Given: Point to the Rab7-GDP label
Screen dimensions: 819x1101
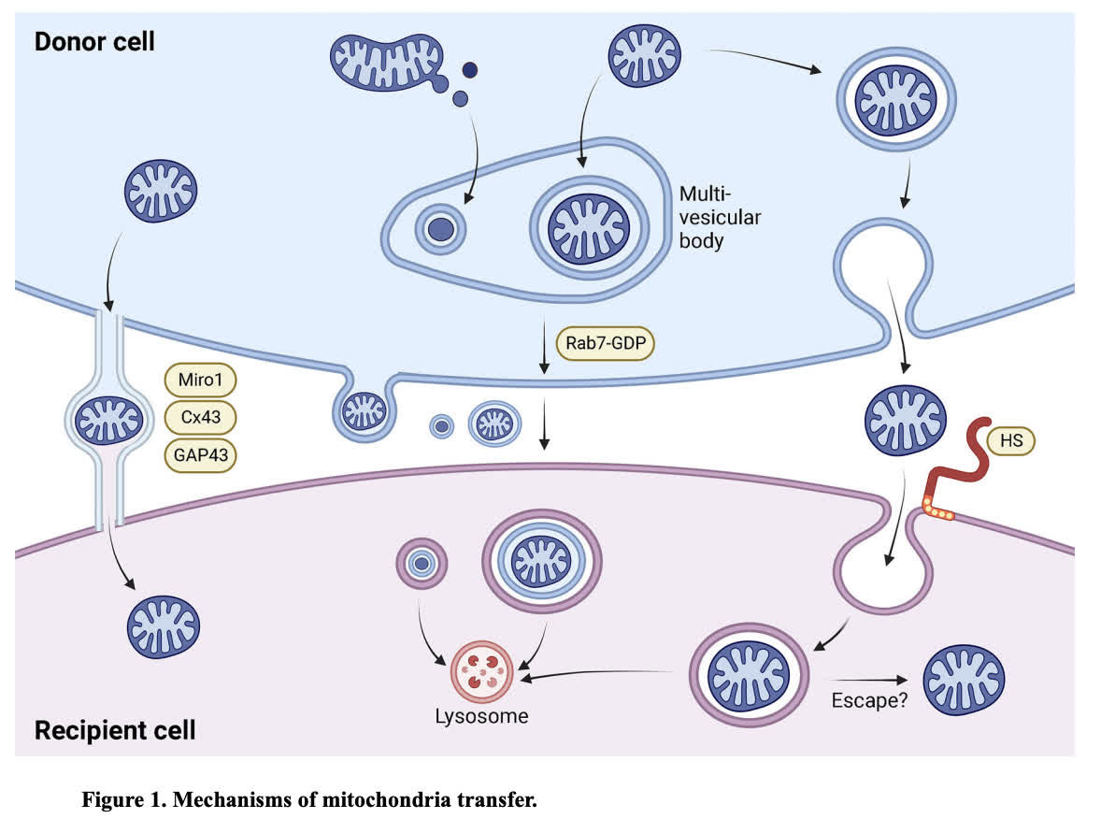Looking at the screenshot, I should [605, 342].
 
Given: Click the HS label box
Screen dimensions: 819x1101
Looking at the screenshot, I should [1010, 438].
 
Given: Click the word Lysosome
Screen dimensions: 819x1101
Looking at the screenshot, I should [481, 717].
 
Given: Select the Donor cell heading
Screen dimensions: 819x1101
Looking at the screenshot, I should [94, 42].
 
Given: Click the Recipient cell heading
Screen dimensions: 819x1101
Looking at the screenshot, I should [115, 730].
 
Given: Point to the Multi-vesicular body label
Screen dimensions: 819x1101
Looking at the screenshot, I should [720, 217].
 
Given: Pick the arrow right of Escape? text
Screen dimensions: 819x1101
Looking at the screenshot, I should [868, 681].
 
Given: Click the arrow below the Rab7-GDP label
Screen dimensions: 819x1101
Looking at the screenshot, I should [545, 430].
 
